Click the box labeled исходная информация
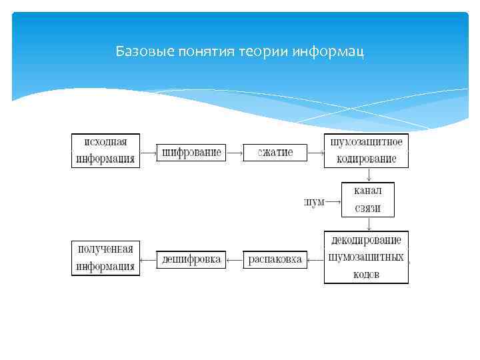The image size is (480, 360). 105,151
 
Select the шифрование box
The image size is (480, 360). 191,152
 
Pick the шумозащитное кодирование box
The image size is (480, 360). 366,151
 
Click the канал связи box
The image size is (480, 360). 367,199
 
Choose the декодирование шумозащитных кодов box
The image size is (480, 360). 366,257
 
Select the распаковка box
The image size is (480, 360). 275,259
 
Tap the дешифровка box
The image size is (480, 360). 191,259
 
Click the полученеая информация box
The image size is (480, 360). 105,257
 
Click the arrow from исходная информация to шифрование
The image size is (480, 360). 148,152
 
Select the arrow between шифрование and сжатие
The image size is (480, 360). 234,152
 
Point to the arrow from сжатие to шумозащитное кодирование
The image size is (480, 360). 316,152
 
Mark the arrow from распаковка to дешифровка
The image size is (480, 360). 235,259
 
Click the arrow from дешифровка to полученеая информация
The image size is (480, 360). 148,259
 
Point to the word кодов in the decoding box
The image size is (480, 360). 366,274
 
